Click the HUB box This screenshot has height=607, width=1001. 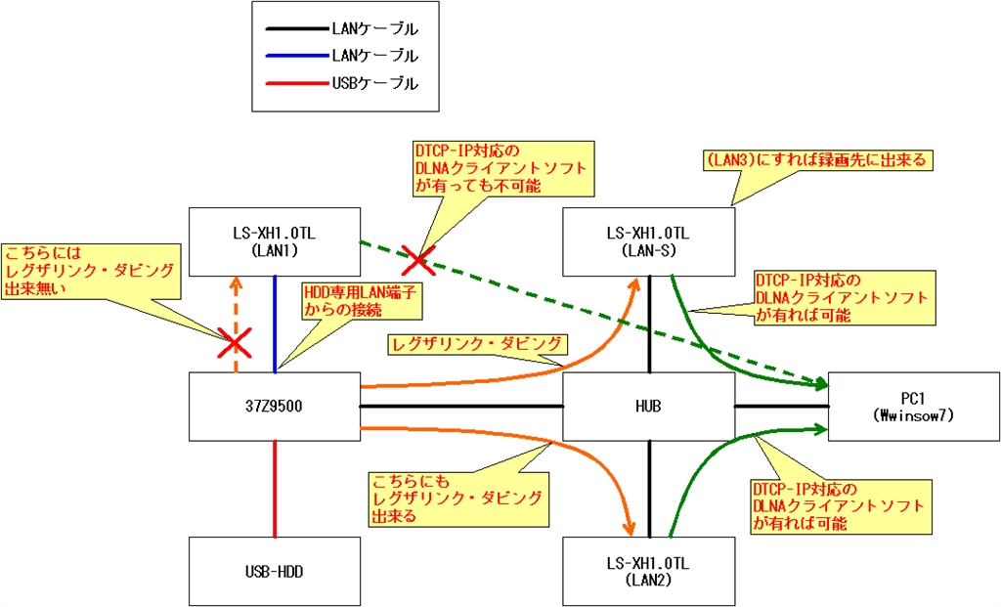[x=648, y=406]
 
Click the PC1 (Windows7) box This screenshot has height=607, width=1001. [x=914, y=406]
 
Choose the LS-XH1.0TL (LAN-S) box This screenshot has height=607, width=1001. [x=648, y=240]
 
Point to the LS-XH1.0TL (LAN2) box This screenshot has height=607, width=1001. [x=648, y=571]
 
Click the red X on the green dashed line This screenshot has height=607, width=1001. [x=418, y=260]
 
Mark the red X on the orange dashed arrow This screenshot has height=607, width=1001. [x=234, y=342]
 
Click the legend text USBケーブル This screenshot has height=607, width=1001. [x=375, y=84]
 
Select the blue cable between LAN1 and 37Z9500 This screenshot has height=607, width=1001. [x=276, y=323]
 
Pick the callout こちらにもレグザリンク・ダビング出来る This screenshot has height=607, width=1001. [x=456, y=498]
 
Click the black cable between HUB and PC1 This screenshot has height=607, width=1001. [x=781, y=406]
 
